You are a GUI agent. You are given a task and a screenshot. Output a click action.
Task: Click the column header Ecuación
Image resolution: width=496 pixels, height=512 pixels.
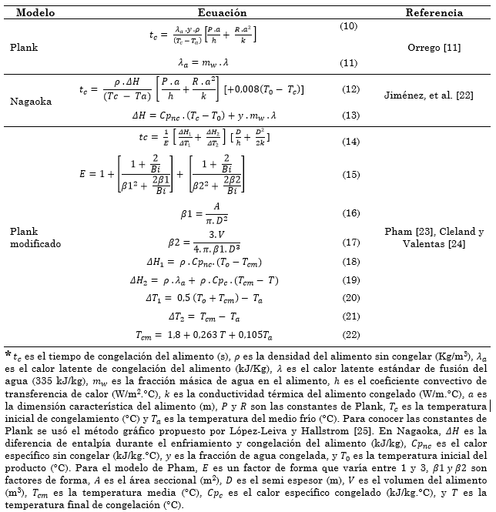pyautogui.click(x=222, y=13)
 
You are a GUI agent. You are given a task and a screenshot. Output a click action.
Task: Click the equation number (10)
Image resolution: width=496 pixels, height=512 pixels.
pyautogui.click(x=349, y=27)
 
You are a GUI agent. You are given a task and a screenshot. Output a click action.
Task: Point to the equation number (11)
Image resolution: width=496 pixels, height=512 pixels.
pyautogui.click(x=349, y=62)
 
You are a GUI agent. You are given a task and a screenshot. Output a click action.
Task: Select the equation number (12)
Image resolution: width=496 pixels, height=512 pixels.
pyautogui.click(x=350, y=90)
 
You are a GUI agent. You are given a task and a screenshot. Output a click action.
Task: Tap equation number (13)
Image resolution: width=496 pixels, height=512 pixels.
pyautogui.click(x=350, y=115)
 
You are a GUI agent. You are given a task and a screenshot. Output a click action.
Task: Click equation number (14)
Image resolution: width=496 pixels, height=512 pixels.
pyautogui.click(x=350, y=142)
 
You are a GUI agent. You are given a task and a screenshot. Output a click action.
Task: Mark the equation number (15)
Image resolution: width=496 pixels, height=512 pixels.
pyautogui.click(x=350, y=175)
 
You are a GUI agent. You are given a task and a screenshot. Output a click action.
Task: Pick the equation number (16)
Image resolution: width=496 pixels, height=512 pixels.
pyautogui.click(x=350, y=212)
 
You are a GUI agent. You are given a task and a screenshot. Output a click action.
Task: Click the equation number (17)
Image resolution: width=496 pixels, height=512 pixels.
pyautogui.click(x=350, y=243)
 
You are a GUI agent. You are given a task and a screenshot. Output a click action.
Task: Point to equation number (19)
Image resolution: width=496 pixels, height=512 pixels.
pyautogui.click(x=350, y=279)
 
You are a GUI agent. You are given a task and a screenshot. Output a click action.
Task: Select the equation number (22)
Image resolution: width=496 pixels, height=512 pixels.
pyautogui.click(x=350, y=334)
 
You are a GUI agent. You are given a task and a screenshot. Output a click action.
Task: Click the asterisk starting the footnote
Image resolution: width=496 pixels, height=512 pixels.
pyautogui.click(x=8, y=354)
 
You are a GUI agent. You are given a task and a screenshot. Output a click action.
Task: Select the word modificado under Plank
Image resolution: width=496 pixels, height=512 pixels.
pyautogui.click(x=35, y=243)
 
